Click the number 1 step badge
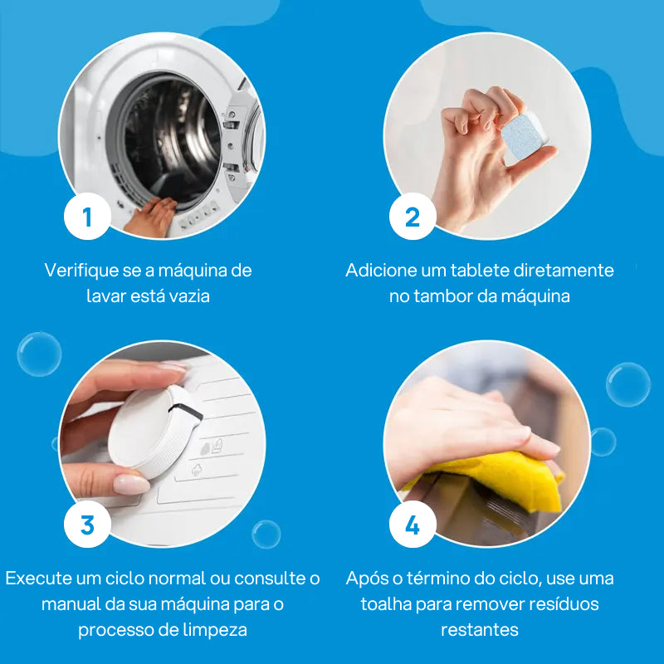(87, 217)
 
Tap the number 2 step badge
(413, 217)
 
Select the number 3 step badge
(87, 525)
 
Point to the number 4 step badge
(413, 525)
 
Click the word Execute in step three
(36, 578)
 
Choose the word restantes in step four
(479, 629)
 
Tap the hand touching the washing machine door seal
(151, 218)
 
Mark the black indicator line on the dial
(188, 408)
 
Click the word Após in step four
(364, 578)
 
